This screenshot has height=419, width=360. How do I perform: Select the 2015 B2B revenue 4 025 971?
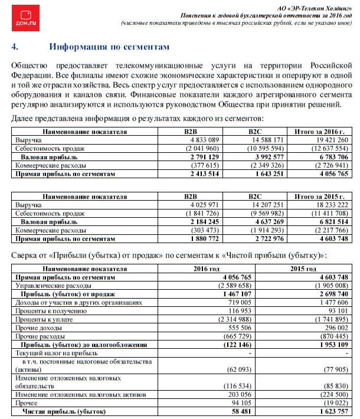[203, 204]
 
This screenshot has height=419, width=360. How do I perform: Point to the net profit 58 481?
[227, 411]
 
